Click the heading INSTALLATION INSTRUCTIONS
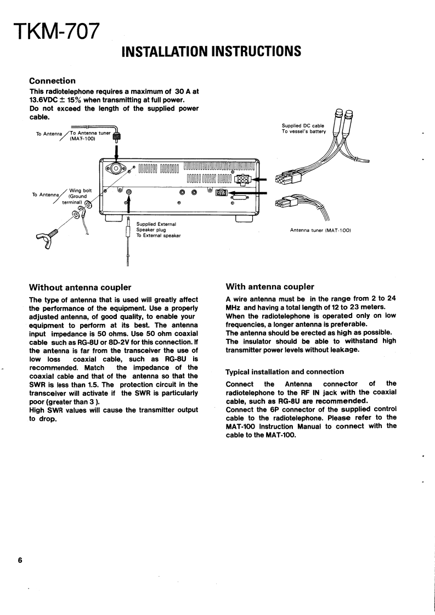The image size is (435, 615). click(211, 52)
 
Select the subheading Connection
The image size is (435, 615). click(52, 81)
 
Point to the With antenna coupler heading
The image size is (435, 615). click(270, 287)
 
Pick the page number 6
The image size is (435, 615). click(20, 560)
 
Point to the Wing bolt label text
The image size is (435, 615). click(81, 191)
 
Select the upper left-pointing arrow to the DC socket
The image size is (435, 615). click(260, 179)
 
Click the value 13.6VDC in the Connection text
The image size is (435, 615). click(46, 100)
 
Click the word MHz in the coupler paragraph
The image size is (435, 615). click(235, 306)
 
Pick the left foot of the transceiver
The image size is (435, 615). click(113, 218)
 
